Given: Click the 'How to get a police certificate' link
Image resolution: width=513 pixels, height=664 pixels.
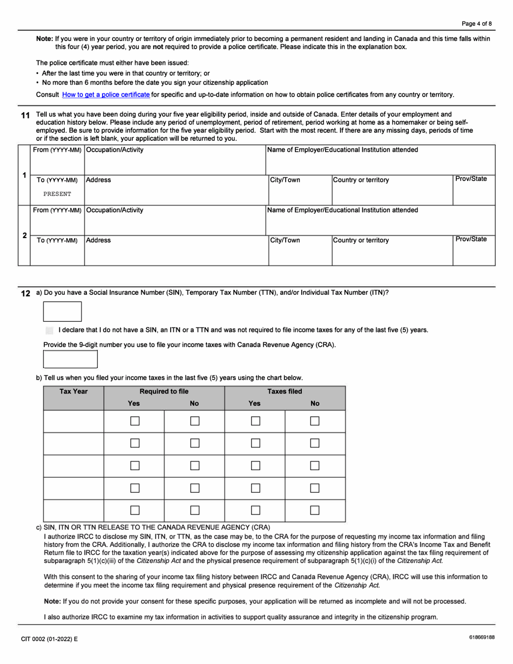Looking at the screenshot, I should (x=106, y=94).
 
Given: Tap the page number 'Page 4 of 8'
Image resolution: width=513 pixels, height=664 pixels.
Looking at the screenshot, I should (x=476, y=24).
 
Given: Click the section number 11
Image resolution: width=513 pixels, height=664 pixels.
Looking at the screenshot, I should (x=25, y=116).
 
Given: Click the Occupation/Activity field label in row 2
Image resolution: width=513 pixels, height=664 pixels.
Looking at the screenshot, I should (x=115, y=210).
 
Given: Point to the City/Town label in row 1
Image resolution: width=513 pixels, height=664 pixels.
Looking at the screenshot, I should (x=285, y=180).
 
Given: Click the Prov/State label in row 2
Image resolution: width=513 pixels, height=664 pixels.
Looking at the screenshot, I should (x=471, y=239).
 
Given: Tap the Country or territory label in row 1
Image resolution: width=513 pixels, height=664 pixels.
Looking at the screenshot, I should (x=360, y=180).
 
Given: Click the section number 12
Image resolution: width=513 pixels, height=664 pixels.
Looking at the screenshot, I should (x=25, y=294).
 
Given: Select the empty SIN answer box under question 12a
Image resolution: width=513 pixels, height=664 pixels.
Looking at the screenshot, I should (x=62, y=311).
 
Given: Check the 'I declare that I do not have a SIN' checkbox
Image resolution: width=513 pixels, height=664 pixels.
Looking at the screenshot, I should (x=50, y=330).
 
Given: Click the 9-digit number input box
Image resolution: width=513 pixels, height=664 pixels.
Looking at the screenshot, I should (x=70, y=359).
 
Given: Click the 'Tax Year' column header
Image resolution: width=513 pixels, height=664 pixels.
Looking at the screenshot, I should (x=73, y=391).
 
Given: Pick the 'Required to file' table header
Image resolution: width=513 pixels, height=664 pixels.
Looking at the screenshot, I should (x=164, y=391).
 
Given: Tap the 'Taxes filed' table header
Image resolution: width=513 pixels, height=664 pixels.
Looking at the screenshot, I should (x=285, y=391).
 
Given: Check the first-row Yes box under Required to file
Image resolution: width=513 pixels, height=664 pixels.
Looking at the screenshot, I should (x=134, y=421).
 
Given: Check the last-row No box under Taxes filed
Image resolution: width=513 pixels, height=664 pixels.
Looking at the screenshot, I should (x=315, y=510).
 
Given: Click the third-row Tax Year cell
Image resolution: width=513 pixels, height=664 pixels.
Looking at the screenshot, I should (x=73, y=466).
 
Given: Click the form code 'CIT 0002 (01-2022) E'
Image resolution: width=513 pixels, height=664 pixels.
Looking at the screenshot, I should (x=49, y=639).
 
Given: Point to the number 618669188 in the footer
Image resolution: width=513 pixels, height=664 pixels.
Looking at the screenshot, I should (x=482, y=638).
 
